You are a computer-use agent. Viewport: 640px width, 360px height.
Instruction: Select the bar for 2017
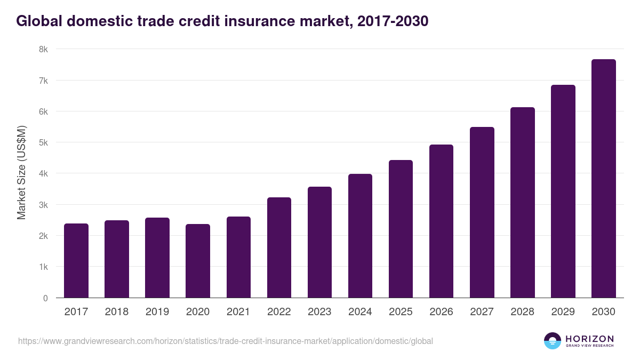tap(76, 261)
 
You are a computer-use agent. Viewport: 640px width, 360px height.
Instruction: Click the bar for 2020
tap(198, 261)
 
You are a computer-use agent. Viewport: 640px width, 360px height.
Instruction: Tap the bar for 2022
tap(279, 247)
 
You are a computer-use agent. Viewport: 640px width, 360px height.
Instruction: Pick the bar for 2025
tap(401, 229)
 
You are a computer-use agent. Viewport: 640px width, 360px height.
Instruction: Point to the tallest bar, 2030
tap(603, 179)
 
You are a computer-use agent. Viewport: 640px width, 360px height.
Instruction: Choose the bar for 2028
tap(522, 203)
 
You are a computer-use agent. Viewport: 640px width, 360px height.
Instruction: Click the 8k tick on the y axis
tap(43, 50)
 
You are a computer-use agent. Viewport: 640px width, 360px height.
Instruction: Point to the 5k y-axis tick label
tap(43, 143)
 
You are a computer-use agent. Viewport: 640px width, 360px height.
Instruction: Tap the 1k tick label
tap(43, 267)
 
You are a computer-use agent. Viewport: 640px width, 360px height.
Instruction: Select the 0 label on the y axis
tap(45, 298)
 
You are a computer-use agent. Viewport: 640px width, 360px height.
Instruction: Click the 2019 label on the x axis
tap(157, 312)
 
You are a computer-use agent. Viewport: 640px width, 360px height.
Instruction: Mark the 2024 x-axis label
tap(360, 312)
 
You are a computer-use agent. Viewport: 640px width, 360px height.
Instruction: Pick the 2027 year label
tap(482, 312)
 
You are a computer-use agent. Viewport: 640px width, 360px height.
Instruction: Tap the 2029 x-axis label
tap(563, 312)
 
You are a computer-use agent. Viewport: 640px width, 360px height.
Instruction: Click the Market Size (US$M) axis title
tap(21, 173)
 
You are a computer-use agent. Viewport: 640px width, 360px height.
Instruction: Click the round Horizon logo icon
tap(553, 341)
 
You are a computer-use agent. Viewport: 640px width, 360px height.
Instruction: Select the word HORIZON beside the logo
tap(589, 339)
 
